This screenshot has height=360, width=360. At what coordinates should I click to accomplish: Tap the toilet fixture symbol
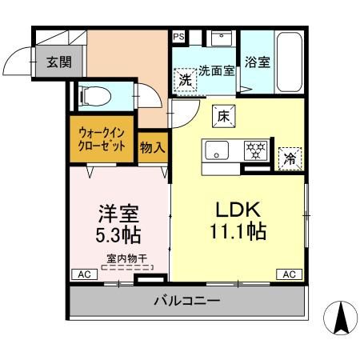tap(93, 94)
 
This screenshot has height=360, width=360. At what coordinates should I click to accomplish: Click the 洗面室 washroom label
tap(216, 70)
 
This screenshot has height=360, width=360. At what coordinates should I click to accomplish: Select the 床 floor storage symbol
tap(223, 116)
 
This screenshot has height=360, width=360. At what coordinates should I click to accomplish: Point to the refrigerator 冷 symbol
tap(289, 158)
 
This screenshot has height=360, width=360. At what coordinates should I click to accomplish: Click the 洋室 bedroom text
tap(118, 214)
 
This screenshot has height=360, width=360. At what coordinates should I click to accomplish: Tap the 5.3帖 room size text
tap(118, 236)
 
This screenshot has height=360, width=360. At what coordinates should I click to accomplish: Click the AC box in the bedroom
tap(82, 274)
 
